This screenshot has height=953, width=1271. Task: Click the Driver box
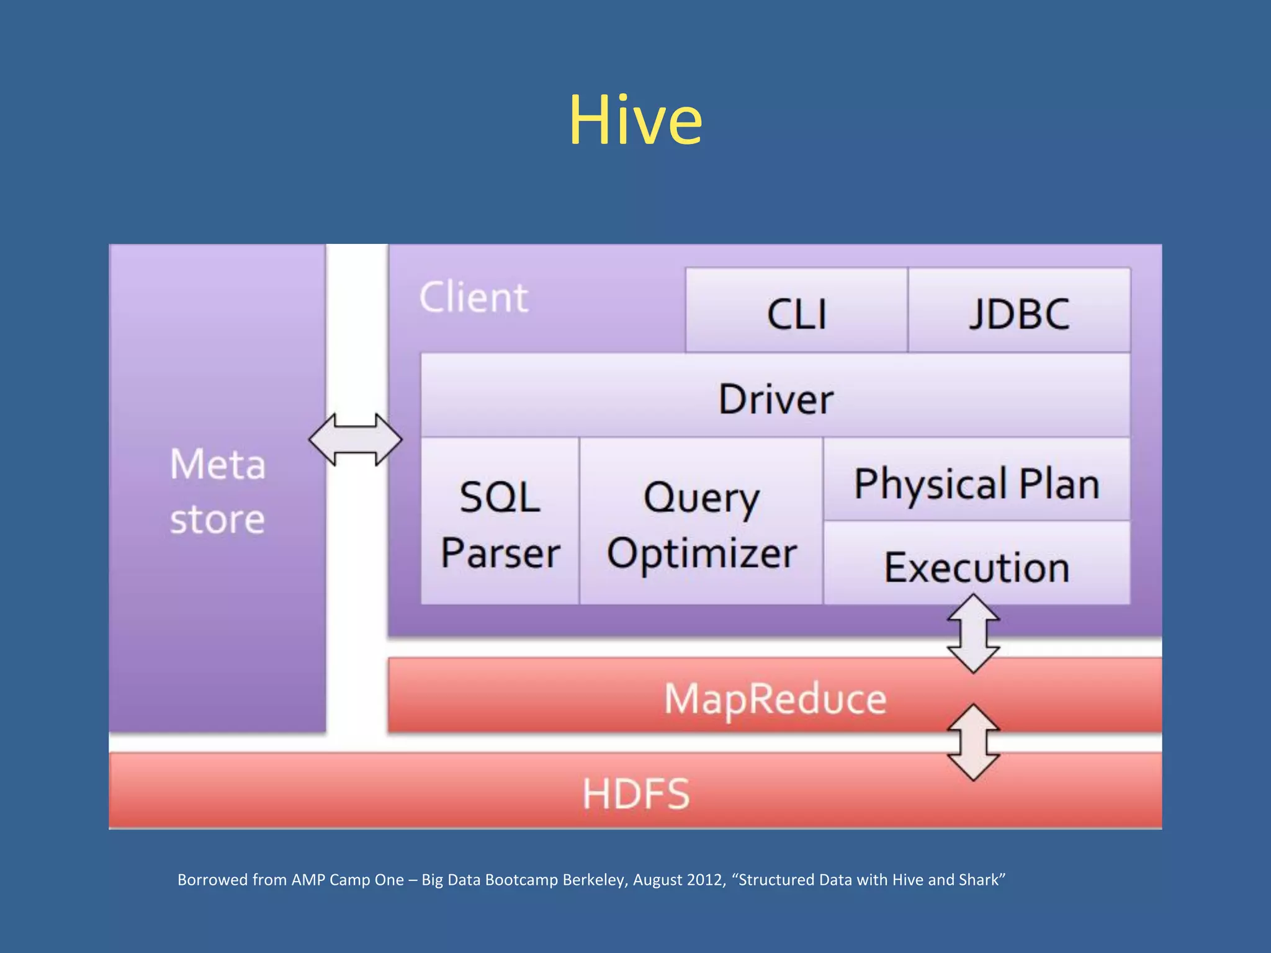[775, 397]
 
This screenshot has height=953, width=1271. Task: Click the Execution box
[976, 566]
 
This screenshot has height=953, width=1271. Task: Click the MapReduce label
[775, 698]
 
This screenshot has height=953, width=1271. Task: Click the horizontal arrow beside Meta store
[356, 439]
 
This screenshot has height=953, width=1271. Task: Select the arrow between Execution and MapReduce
[973, 633]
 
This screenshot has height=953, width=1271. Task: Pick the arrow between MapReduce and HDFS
[973, 742]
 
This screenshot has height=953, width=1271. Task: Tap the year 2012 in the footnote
[706, 880]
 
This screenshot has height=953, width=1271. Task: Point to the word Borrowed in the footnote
[212, 880]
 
